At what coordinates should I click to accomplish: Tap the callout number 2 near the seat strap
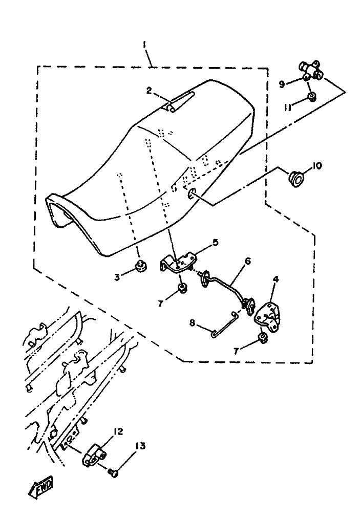click(x=149, y=91)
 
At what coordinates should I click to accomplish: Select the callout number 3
click(x=117, y=277)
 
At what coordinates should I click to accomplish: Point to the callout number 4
click(x=276, y=279)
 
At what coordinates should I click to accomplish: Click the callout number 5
click(x=215, y=243)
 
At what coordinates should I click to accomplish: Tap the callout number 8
click(x=192, y=322)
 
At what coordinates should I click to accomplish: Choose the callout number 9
click(x=282, y=84)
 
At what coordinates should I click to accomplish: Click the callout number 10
click(x=317, y=165)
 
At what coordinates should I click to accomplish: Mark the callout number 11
click(x=287, y=107)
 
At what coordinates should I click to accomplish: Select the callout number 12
click(x=118, y=432)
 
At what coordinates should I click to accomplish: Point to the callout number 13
click(x=140, y=446)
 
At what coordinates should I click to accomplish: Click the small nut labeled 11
click(x=312, y=96)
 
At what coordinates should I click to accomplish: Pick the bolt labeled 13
click(x=114, y=474)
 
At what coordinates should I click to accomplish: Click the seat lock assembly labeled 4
click(x=267, y=316)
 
